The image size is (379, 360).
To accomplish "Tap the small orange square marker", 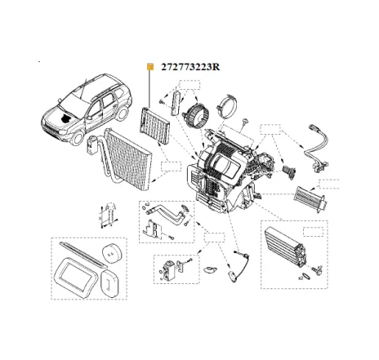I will click(x=149, y=67).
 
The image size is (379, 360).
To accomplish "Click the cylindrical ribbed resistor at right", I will click(x=314, y=196).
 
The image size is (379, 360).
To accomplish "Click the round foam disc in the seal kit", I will click(x=108, y=254).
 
